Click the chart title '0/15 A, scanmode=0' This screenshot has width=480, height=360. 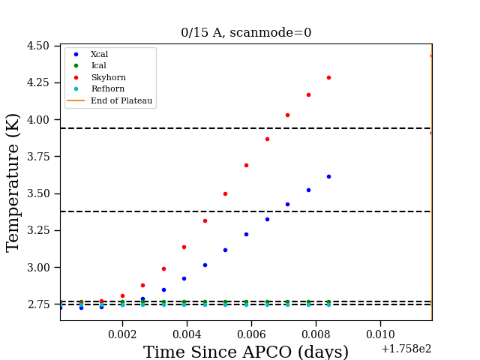click(x=246, y=32)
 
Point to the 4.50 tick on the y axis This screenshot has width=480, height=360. click(x=38, y=46)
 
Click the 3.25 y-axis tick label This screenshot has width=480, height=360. click(x=38, y=230)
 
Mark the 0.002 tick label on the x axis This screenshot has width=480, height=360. click(x=122, y=334)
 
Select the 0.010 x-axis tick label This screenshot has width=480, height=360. click(x=380, y=334)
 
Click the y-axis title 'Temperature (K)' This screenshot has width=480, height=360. click(x=13, y=183)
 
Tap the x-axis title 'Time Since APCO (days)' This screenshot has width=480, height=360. click(x=246, y=352)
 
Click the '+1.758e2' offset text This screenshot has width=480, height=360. click(x=406, y=349)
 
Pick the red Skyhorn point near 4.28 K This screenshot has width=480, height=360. click(x=328, y=78)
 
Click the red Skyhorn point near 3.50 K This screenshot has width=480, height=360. click(x=225, y=193)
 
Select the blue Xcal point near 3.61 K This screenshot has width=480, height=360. click(x=328, y=177)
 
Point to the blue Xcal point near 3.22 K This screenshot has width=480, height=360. click(x=246, y=235)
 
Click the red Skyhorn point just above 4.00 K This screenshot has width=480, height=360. click(x=287, y=115)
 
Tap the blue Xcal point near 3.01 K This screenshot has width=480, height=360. click(x=205, y=265)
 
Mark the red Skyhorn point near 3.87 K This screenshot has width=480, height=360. click(x=267, y=139)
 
